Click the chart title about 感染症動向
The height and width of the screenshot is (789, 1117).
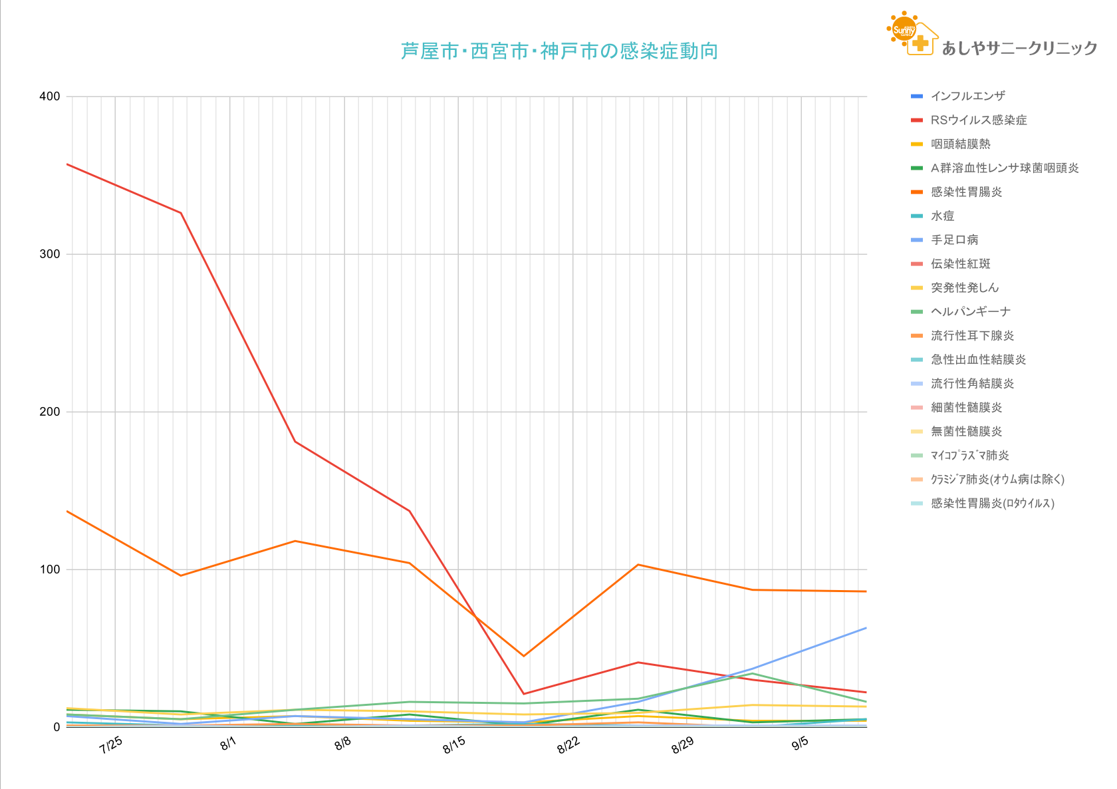pyautogui.click(x=559, y=51)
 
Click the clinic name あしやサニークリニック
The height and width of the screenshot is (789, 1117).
pyautogui.click(x=1019, y=48)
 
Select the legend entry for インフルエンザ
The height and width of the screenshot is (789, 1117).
pyautogui.click(x=967, y=96)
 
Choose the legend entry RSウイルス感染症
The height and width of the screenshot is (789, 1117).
pyautogui.click(x=978, y=120)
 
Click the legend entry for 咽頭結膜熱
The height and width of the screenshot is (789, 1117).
pyautogui.click(x=960, y=144)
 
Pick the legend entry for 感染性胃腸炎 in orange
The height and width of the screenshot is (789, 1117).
pyautogui.click(x=965, y=192)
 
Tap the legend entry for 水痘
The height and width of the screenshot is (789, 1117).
pyautogui.click(x=942, y=216)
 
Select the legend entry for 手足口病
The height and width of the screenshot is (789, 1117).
pyautogui.click(x=954, y=240)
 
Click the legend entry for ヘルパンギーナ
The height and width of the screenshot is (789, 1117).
pyautogui.click(x=970, y=312)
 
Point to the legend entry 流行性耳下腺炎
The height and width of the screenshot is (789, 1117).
pyautogui.click(x=972, y=336)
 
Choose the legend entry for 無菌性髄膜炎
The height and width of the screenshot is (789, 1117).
pyautogui.click(x=966, y=432)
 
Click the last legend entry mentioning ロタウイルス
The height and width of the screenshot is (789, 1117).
pyautogui.click(x=992, y=504)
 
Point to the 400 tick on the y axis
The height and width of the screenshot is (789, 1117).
pyautogui.click(x=50, y=96)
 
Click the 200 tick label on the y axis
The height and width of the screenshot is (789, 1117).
pyautogui.click(x=50, y=412)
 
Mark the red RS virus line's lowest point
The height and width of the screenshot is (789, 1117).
pyautogui.click(x=524, y=694)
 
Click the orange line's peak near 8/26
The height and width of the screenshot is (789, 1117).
pyautogui.click(x=638, y=565)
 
